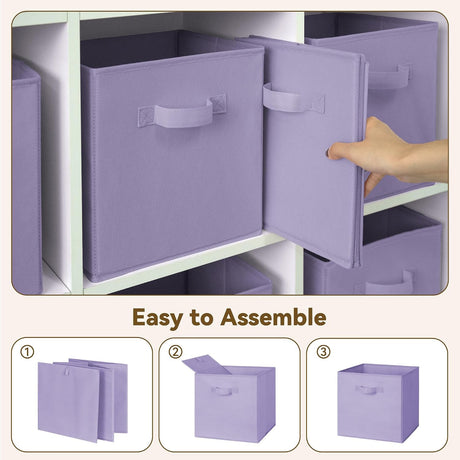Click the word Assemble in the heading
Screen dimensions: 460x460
pos(273,317)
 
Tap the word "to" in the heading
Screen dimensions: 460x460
pos(201,318)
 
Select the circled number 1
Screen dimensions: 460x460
pos(27,352)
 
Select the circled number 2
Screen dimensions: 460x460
pos(175,352)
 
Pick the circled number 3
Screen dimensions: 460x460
pos(323,352)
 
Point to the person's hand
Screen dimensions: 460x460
pos(388,153)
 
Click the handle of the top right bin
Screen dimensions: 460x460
pos(389,76)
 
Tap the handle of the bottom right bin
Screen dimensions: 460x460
pos(390,283)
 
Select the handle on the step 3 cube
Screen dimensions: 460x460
pos(369,389)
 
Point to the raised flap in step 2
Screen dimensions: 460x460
pos(207,364)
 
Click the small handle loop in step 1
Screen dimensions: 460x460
pos(67,371)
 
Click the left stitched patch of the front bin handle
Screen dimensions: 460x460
pos(146,117)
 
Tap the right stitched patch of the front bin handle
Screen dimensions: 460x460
pos(218,104)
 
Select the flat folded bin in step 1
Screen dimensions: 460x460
pos(83,400)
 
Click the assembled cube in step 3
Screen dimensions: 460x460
pos(378,403)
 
